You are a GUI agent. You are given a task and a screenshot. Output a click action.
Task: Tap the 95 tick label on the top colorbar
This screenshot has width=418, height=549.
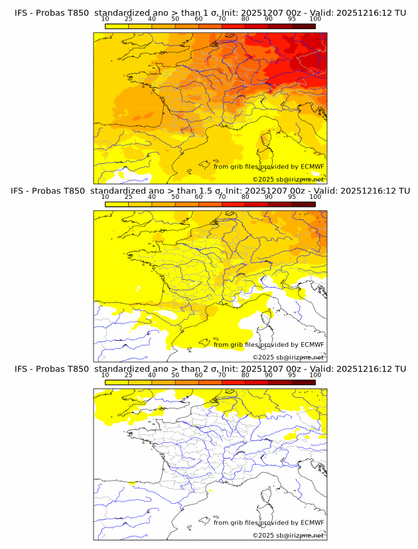tap(292, 19)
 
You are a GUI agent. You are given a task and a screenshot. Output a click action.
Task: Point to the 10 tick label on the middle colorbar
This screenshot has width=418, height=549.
tap(105, 197)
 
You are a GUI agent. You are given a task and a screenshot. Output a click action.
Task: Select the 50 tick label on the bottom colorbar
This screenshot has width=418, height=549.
tap(175, 375)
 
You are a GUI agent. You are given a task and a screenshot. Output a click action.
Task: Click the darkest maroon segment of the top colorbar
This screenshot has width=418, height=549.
tap(303, 26)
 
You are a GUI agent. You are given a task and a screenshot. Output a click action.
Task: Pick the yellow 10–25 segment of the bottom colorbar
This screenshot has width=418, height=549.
tap(116, 383)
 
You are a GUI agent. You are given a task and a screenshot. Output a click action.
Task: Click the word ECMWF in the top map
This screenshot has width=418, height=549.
tap(312, 166)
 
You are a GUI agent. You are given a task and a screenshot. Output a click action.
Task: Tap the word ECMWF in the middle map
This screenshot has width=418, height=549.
tap(312, 344)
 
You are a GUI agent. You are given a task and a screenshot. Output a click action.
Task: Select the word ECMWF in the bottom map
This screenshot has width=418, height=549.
tap(312, 522)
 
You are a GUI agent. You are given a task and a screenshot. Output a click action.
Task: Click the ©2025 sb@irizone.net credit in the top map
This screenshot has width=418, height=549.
tap(288, 179)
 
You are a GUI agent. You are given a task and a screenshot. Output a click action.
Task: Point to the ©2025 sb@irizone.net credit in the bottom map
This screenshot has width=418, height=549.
tap(288, 535)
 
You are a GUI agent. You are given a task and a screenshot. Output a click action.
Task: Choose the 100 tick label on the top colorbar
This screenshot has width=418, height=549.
tap(315, 19)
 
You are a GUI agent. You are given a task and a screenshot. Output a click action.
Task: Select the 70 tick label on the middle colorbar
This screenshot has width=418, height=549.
tap(222, 197)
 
